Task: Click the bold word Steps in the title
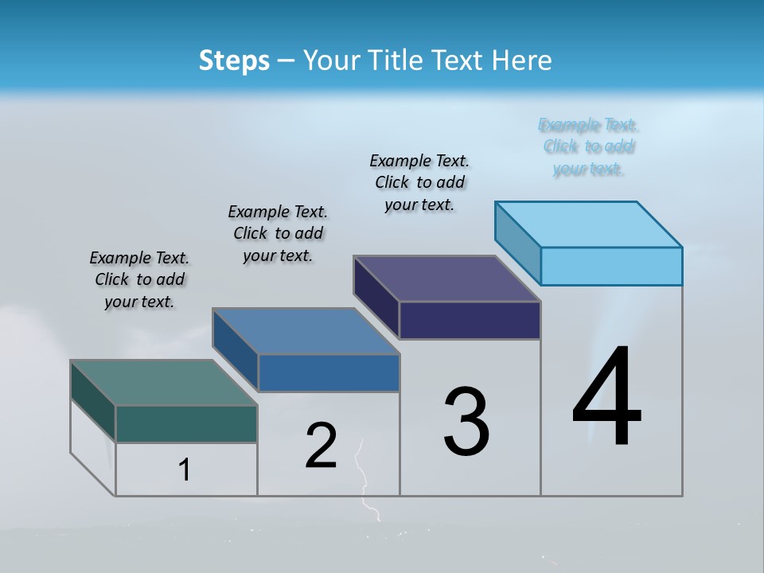point(234,60)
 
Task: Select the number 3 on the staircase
point(466,422)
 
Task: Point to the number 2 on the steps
point(322,446)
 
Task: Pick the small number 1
point(185,470)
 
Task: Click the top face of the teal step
point(164,383)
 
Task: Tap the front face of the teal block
point(186,423)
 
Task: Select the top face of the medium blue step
point(306,331)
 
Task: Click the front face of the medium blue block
point(329,372)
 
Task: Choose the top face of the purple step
point(447,279)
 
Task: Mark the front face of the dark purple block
point(470,320)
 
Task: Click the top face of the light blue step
point(589,224)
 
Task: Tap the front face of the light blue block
point(611,266)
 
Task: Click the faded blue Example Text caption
point(588,146)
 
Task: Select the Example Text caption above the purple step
point(419,182)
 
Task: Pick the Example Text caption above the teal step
point(139,279)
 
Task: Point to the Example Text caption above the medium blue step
point(278,233)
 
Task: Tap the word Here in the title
point(523,60)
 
